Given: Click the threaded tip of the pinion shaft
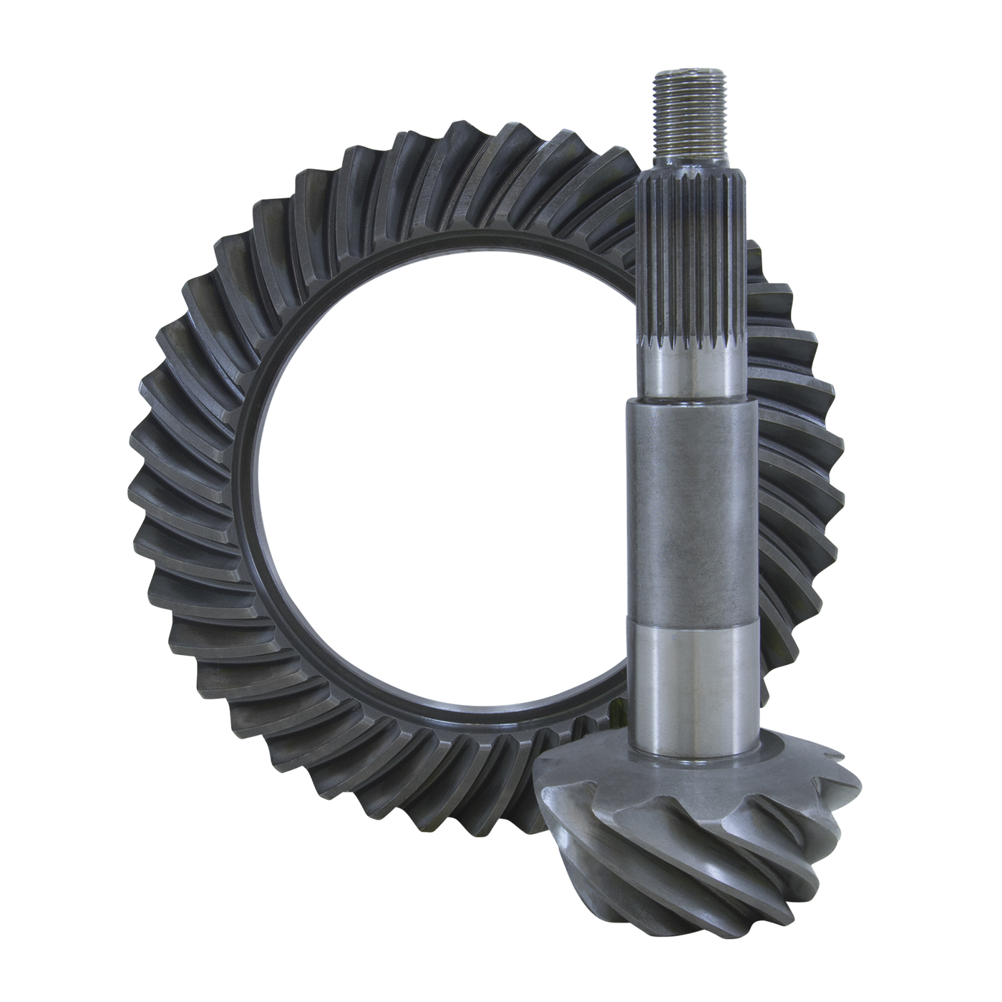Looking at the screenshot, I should (686, 115).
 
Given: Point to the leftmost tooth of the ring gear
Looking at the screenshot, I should (143, 494).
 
